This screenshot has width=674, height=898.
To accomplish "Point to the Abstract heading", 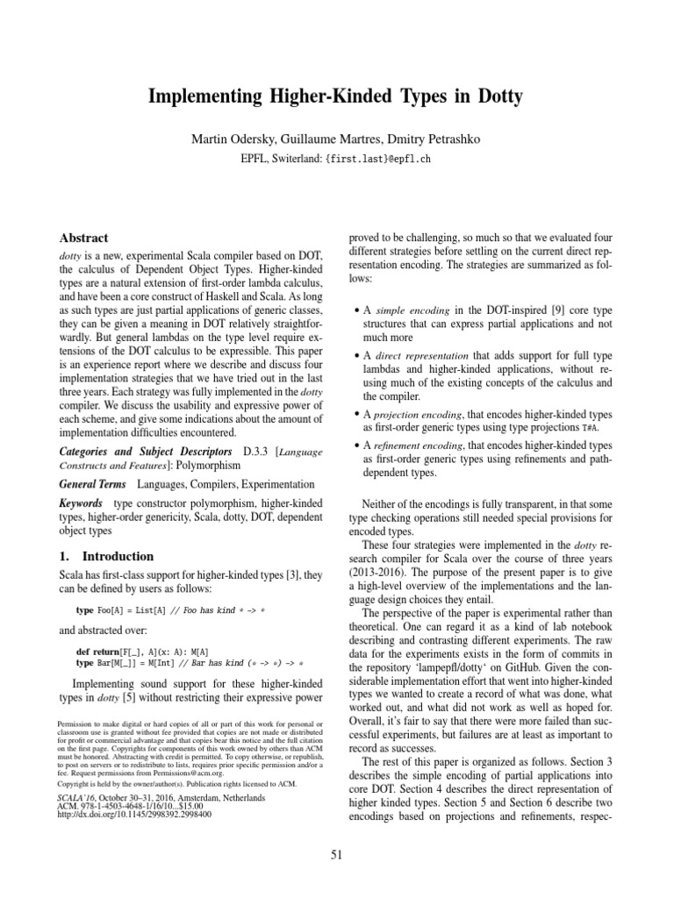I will tap(83, 238).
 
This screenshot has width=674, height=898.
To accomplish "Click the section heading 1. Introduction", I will tap(105, 556).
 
